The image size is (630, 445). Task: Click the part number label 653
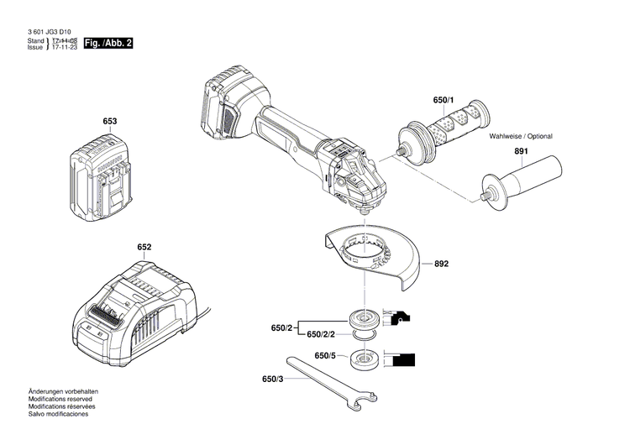tap(110, 121)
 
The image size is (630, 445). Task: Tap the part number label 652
tap(144, 247)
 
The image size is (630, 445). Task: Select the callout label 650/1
tap(444, 100)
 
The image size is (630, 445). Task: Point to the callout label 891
tap(521, 151)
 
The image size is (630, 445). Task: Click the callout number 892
tap(441, 264)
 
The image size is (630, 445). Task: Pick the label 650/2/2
tap(321, 334)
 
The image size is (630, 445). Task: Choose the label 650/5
tap(325, 356)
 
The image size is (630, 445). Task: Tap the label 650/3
tap(272, 380)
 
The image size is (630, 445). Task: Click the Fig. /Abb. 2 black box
tap(108, 44)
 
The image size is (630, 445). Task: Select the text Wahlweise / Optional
tap(520, 136)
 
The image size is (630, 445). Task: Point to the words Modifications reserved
tap(60, 399)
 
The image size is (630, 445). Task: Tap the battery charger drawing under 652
tap(134, 313)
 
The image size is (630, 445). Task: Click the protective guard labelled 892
tap(373, 257)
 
